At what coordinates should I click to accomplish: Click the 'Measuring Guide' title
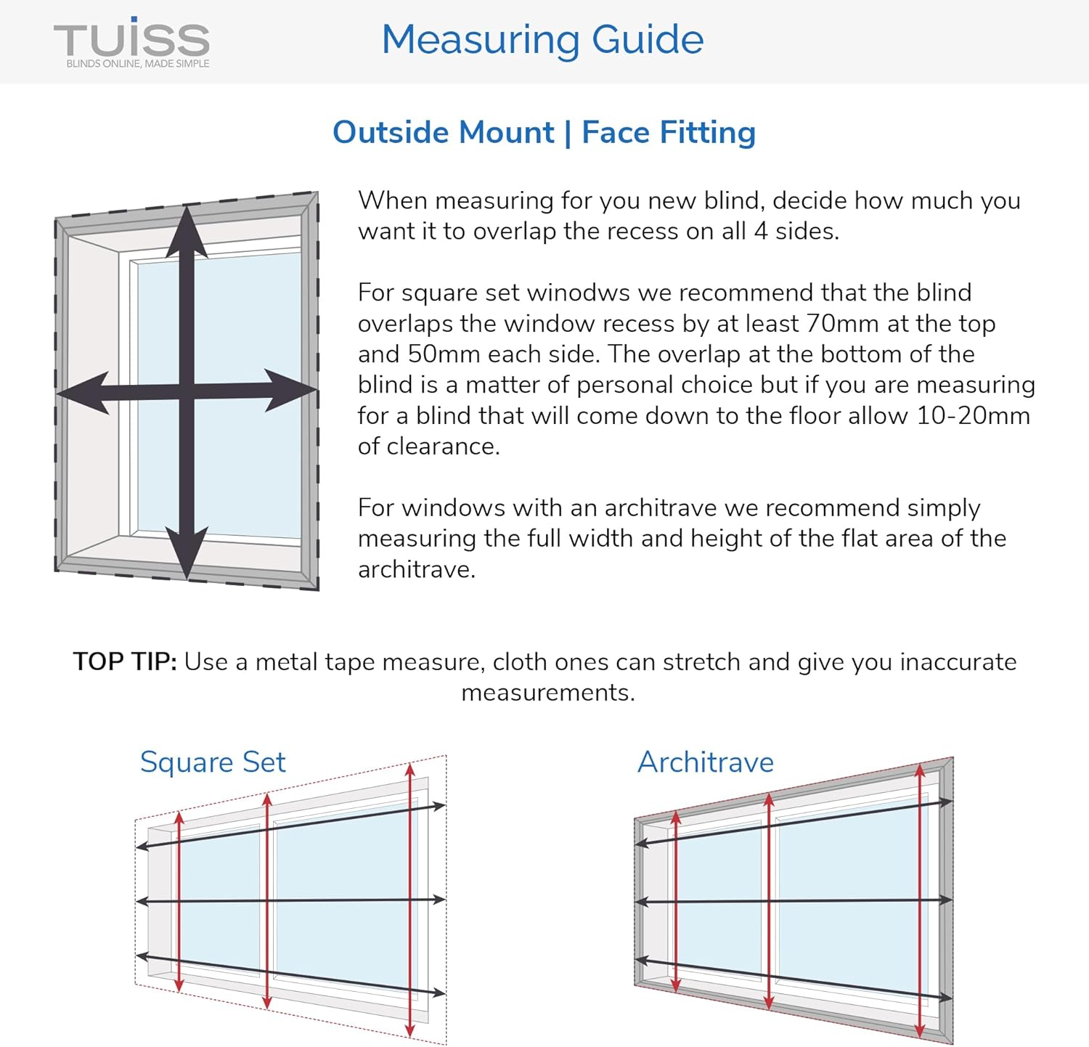point(542,39)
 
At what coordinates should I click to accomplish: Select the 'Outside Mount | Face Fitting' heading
point(544,132)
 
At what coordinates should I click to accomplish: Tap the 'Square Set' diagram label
point(212,762)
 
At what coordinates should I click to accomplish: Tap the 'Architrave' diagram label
point(705,762)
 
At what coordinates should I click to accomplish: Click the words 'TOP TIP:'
point(125,661)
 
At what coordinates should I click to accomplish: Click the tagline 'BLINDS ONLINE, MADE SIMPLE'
point(138,64)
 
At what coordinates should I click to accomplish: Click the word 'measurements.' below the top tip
point(548,693)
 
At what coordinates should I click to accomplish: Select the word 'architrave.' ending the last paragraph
point(417,569)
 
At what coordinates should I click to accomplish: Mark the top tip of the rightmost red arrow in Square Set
point(410,767)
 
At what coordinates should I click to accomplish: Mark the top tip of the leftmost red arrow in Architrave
point(676,815)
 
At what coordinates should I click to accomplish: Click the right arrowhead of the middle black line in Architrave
point(945,900)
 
